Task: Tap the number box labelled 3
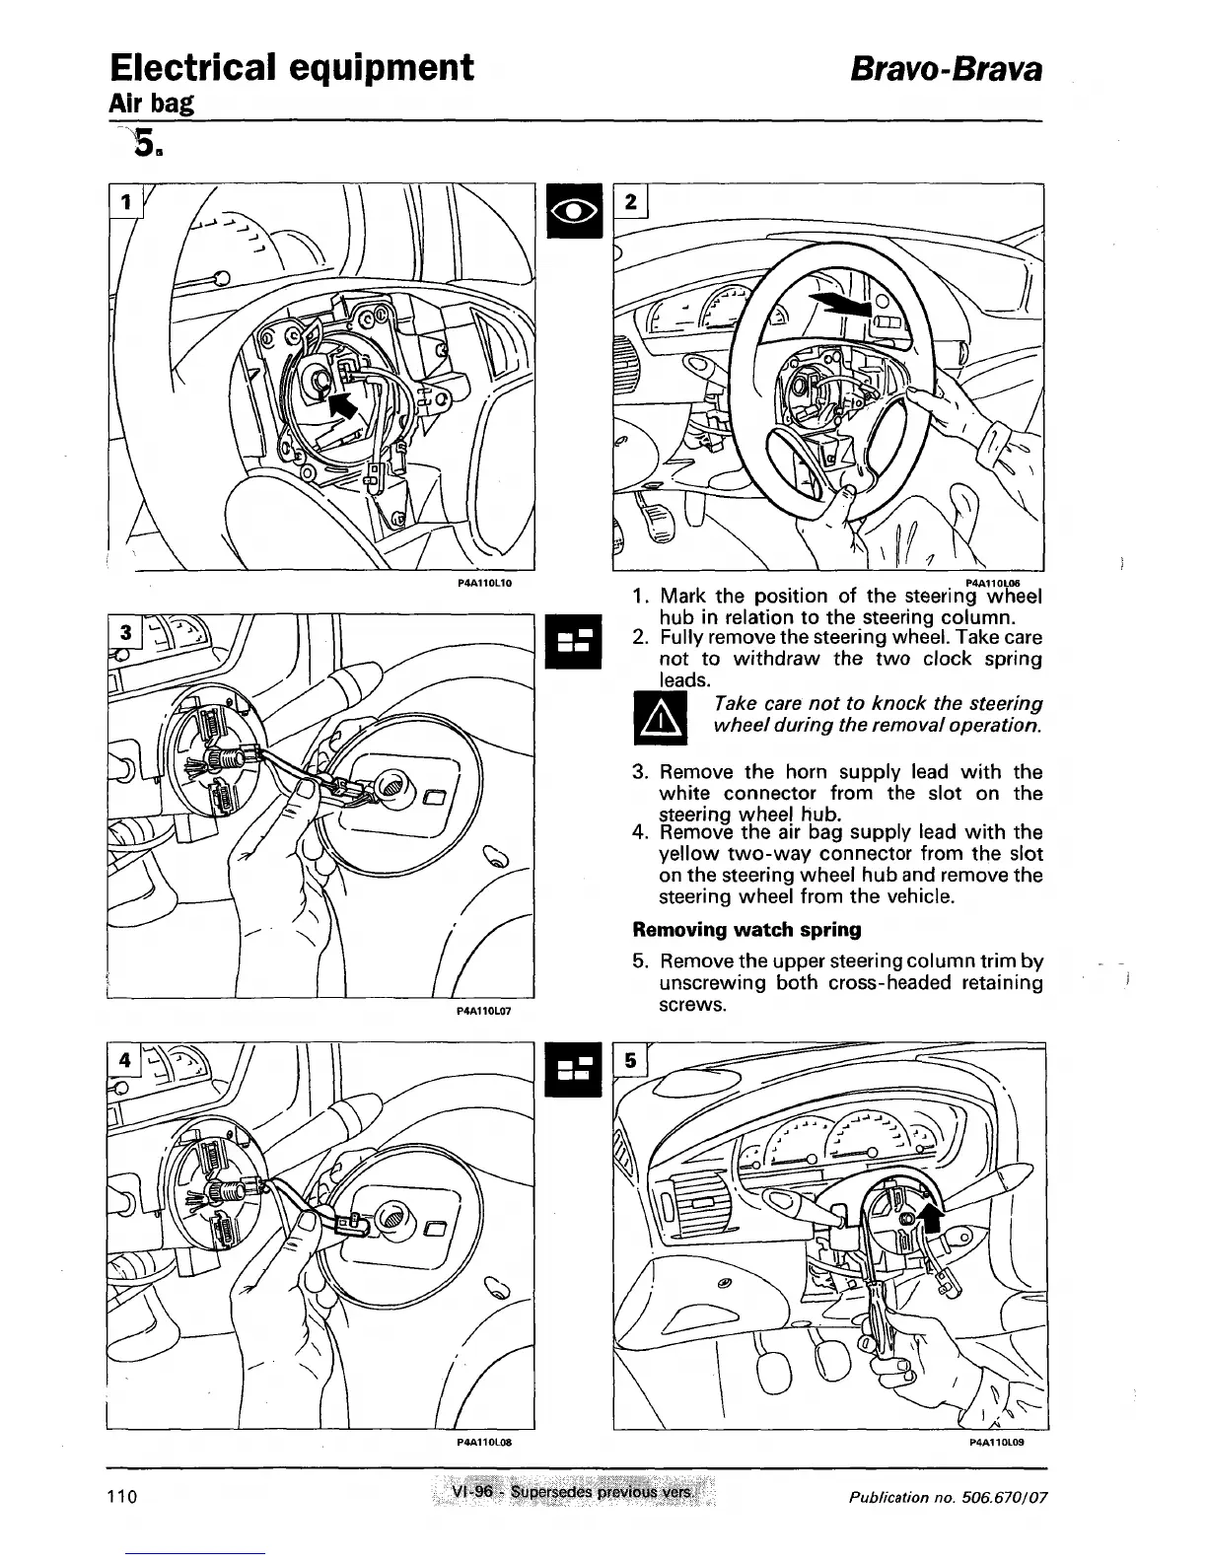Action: [x=124, y=632]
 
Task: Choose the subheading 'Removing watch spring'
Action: [x=746, y=929]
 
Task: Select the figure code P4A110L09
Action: [x=998, y=1441]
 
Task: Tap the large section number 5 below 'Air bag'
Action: [x=145, y=144]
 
